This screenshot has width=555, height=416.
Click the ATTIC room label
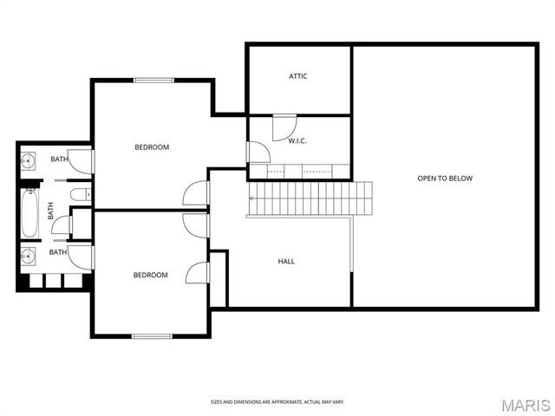(x=298, y=76)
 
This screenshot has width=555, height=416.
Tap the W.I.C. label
(x=297, y=140)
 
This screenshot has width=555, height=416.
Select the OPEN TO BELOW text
(x=445, y=179)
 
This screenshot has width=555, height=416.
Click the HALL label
(x=285, y=261)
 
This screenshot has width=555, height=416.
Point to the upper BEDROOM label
(x=152, y=147)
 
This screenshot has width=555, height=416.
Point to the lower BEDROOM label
(x=150, y=276)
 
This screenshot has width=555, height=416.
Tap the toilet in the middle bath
(x=78, y=194)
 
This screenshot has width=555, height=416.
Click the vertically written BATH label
(x=50, y=210)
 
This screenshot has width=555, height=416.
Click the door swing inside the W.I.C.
(x=284, y=128)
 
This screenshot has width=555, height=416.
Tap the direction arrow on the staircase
(x=252, y=198)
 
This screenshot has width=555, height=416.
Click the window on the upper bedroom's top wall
(x=153, y=81)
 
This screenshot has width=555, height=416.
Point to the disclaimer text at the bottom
(x=277, y=401)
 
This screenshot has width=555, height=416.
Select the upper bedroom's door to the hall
(x=196, y=193)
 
